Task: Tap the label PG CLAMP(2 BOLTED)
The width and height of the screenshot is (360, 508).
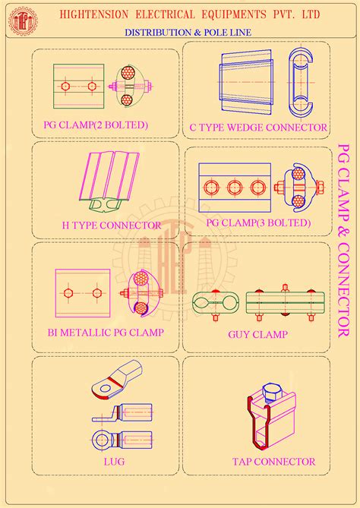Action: (95, 125)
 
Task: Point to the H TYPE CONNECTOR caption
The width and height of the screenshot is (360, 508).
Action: (111, 225)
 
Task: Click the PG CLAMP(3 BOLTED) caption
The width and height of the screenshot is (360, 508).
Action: (258, 222)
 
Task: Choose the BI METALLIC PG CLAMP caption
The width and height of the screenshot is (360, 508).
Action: (106, 332)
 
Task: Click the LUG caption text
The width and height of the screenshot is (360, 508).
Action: (115, 461)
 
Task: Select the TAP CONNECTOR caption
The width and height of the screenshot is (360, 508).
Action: (274, 461)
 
